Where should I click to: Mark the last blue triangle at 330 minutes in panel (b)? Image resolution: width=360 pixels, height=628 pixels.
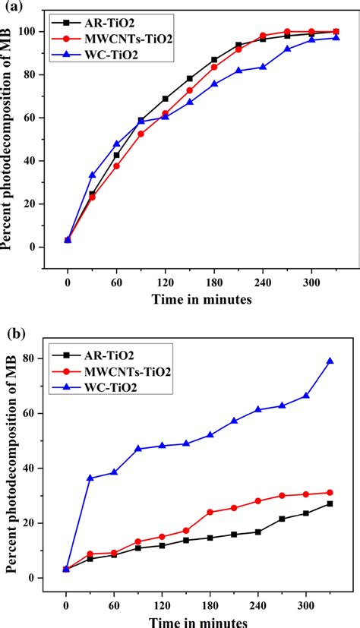click(330, 361)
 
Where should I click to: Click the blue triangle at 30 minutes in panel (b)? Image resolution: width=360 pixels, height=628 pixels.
click(90, 478)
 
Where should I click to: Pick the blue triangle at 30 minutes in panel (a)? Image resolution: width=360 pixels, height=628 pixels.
click(92, 175)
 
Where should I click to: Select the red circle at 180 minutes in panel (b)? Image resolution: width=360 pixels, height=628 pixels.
click(210, 512)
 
